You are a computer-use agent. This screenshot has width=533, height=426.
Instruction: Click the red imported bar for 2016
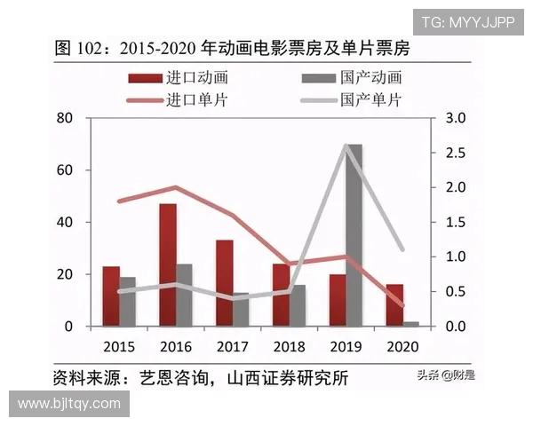point(168,265)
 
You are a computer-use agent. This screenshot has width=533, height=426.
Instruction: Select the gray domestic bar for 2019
point(354,235)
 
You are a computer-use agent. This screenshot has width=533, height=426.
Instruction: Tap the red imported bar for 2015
point(110,296)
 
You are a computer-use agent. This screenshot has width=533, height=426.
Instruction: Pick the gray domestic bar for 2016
point(184,296)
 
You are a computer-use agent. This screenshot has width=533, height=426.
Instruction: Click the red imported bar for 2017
point(224,283)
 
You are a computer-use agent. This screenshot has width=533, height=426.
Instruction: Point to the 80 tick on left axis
point(63,118)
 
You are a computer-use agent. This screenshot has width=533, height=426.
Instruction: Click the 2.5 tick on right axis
point(457,153)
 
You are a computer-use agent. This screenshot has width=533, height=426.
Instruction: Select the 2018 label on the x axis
point(289,345)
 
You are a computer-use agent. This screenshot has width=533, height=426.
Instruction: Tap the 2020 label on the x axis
point(402,345)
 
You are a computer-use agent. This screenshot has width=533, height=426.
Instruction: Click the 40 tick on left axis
point(63,222)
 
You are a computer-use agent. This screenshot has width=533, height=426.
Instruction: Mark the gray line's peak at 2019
point(346,146)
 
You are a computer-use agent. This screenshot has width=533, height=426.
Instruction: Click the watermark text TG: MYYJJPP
point(467,22)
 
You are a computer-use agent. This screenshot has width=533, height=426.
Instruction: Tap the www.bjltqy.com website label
point(69,404)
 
